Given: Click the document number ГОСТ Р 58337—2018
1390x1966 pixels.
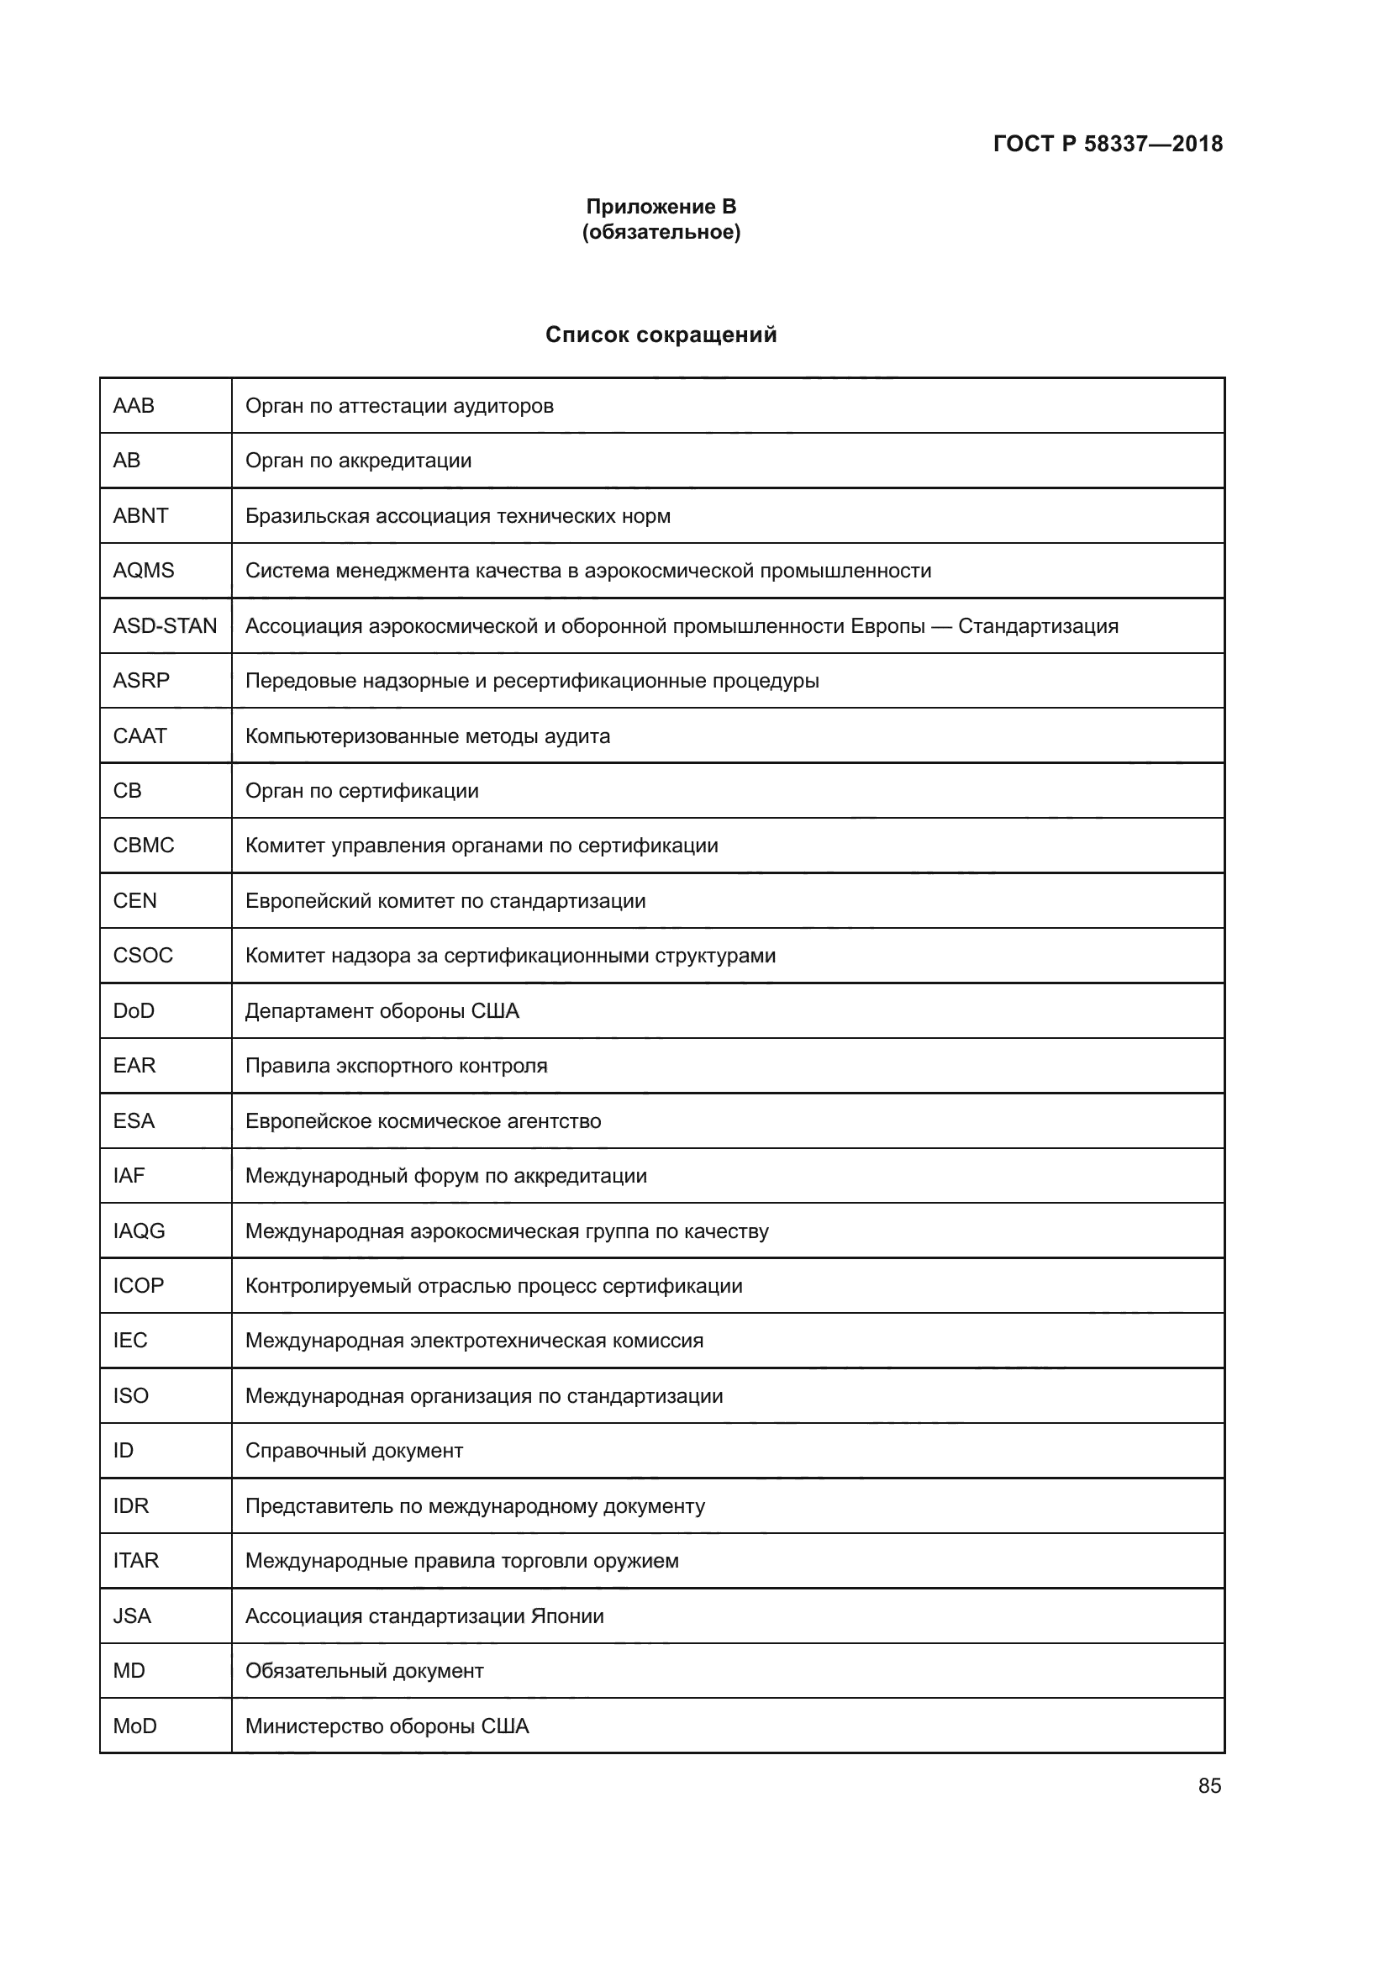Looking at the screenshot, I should tap(1108, 144).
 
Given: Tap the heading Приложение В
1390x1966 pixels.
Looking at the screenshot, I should tap(661, 207).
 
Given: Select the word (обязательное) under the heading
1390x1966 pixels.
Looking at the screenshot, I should tap(661, 232).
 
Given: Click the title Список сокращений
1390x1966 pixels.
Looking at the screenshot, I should tap(661, 335).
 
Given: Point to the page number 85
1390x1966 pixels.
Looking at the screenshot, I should tap(1209, 1785).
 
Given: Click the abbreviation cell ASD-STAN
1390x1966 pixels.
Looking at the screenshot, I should tap(166, 626).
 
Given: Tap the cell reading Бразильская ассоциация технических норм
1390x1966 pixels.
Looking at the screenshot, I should tap(458, 515).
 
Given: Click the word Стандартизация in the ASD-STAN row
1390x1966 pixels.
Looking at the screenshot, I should tap(1037, 626).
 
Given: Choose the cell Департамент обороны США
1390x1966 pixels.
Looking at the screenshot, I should tap(382, 1010).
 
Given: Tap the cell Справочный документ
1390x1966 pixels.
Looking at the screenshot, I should tap(354, 1451).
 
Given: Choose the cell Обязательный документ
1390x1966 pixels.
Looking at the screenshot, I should tap(364, 1671).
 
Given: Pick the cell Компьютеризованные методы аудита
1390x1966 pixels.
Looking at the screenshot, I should tap(427, 735).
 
